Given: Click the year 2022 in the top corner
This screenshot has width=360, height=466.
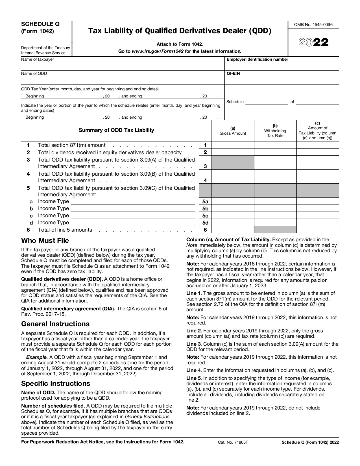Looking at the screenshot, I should point(313,43).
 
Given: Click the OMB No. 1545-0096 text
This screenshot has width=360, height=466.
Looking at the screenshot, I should point(313,25).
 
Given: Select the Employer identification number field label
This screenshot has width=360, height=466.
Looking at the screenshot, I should point(257,59).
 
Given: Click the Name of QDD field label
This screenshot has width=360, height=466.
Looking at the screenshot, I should point(34,73).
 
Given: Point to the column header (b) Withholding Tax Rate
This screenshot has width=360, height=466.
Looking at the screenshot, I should point(275,130).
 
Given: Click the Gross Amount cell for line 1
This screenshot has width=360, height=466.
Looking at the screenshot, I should point(233,145).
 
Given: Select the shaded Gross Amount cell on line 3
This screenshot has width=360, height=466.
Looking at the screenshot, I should point(233,162).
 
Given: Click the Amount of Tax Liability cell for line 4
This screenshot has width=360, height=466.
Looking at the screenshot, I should point(317,177).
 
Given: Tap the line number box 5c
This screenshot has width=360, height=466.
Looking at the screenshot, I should point(205,215).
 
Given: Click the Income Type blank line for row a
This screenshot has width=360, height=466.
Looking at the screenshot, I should point(133,202).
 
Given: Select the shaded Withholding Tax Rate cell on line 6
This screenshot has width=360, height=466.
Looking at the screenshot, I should point(275,230).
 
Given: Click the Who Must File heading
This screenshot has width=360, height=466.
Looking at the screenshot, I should point(45,241).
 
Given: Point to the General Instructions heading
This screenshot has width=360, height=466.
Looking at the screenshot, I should point(55,324).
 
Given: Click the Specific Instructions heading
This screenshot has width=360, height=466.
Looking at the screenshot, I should point(56,383).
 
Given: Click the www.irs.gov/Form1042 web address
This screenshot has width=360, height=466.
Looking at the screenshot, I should point(158,51).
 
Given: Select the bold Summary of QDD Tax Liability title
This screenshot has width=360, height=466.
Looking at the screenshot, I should point(116,130).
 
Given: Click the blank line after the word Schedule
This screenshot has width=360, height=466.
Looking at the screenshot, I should point(267,102).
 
